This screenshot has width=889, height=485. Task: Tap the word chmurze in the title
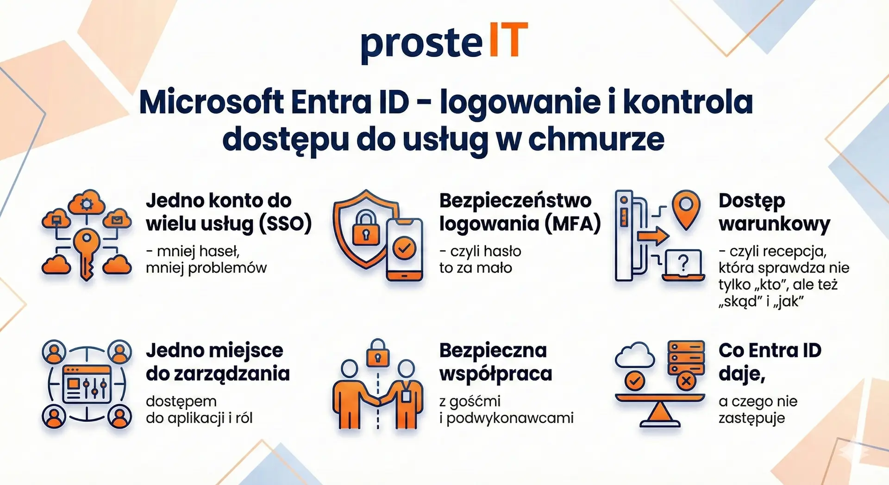(x=596, y=139)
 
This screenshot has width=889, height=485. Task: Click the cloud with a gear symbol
(x=87, y=202)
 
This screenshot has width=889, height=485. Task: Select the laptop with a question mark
(x=683, y=265)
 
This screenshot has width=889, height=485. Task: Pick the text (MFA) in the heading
(x=573, y=224)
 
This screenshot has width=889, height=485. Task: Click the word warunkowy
(x=775, y=224)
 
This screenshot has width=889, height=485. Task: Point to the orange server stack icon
(x=686, y=359)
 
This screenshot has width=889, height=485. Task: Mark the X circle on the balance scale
(x=686, y=382)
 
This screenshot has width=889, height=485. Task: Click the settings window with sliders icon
(x=87, y=384)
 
